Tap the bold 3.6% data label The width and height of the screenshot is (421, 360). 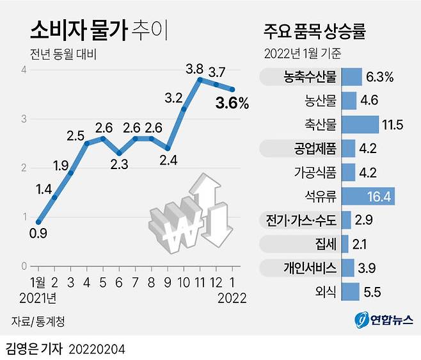[x=230, y=102]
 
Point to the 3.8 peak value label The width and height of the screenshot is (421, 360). [x=195, y=67]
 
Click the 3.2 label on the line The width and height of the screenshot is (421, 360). [x=174, y=98]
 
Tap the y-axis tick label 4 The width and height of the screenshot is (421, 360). [x=24, y=70]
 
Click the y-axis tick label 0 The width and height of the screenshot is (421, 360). [x=24, y=266]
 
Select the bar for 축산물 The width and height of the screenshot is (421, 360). [x=360, y=124]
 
